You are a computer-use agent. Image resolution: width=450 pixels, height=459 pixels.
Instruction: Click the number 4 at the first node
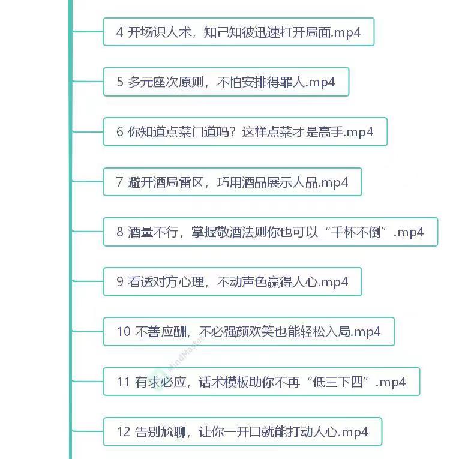120,32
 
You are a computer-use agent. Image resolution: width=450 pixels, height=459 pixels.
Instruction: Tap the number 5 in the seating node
120,82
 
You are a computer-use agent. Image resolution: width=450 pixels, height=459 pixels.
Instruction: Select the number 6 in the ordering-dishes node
120,132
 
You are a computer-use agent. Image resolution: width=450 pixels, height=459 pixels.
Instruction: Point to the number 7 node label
120,182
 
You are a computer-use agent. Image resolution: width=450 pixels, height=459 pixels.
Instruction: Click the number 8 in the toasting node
120,232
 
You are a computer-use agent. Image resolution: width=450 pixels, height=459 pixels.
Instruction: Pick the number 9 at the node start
120,282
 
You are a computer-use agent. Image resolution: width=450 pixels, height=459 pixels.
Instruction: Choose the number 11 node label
123,382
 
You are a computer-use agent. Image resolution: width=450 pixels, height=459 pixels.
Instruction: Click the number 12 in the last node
124,431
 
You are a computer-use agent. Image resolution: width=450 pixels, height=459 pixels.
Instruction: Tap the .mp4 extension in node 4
347,32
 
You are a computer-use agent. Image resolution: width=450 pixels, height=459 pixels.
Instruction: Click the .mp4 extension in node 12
354,431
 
